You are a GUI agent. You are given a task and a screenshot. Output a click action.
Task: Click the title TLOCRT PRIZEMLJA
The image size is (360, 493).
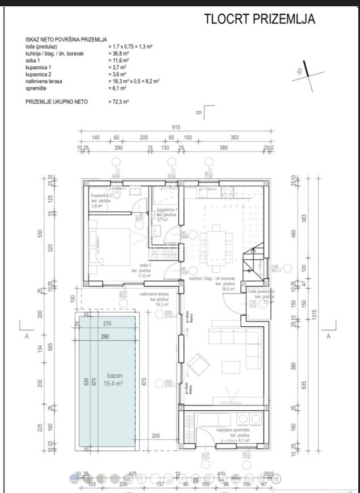(x=259, y=19)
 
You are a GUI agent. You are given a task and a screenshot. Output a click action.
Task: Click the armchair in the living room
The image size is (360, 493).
(x=199, y=363)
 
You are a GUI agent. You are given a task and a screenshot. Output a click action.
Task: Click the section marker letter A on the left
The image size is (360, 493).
(x=27, y=336)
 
